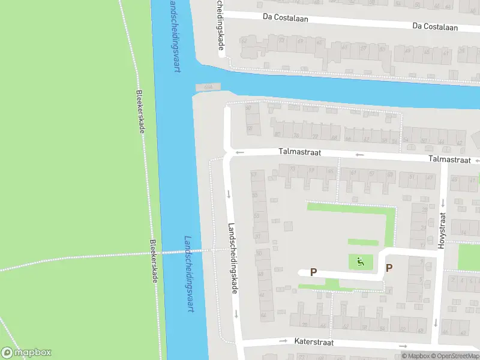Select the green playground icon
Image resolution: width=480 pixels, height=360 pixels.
360,261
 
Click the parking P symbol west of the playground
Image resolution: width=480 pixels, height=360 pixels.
313,272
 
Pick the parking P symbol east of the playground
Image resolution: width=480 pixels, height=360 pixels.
389,268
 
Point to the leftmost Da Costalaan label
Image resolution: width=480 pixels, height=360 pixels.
285,18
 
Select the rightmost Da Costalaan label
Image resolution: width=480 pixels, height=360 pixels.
435,27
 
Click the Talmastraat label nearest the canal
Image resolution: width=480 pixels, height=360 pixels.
299,153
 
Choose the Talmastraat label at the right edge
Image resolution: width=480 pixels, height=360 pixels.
449,160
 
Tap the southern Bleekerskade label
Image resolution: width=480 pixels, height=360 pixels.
154,262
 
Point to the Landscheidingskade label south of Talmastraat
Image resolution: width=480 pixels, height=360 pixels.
233,258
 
